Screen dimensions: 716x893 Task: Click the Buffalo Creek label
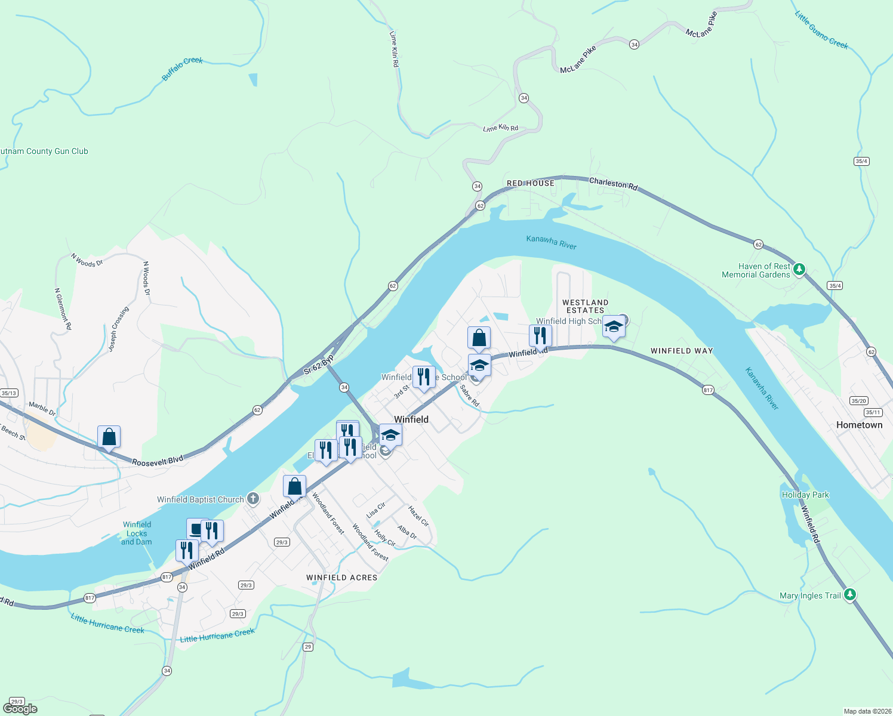(183, 69)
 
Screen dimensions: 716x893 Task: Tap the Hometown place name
(859, 425)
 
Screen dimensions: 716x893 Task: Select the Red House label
(531, 183)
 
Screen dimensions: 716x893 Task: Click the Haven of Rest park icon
(799, 270)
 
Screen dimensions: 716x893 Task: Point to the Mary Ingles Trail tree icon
(850, 595)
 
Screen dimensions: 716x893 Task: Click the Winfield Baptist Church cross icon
(253, 499)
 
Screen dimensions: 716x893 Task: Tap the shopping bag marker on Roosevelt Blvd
(109, 437)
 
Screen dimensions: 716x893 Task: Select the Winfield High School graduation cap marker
(614, 327)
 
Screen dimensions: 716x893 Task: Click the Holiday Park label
(805, 495)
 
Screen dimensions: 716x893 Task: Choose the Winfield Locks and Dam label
(137, 533)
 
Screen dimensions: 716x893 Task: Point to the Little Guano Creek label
(821, 30)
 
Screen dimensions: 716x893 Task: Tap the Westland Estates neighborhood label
(585, 306)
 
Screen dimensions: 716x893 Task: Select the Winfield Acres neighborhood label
(341, 578)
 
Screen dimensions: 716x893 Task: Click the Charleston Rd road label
(613, 183)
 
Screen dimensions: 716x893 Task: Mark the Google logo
(20, 709)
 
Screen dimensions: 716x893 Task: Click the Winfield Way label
(682, 351)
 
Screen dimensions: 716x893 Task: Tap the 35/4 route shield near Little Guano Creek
(861, 161)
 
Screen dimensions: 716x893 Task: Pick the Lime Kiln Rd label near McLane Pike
(500, 128)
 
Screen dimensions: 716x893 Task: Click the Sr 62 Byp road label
(318, 365)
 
